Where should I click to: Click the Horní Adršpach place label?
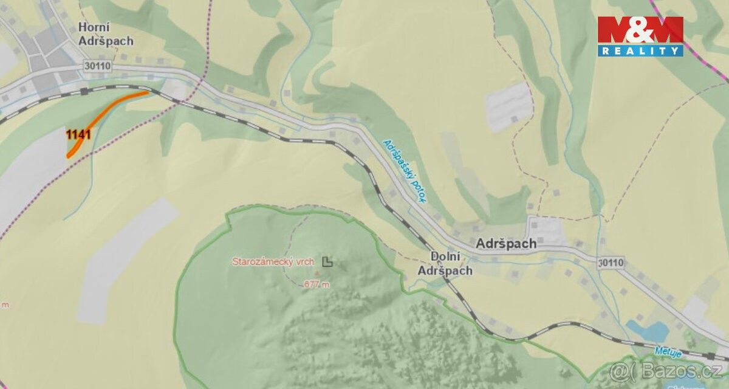[x=105, y=34]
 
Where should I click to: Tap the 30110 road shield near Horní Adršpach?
[x=97, y=66]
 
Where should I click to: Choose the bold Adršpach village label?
[x=506, y=243]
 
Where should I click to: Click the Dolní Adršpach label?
[x=445, y=263]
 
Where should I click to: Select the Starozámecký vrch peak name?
[x=273, y=262]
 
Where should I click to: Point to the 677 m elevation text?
[x=317, y=284]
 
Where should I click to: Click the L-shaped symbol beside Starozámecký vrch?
[x=327, y=262]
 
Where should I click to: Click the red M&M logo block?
[x=640, y=30]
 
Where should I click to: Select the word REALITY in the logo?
[x=640, y=51]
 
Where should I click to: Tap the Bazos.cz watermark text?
[x=668, y=371]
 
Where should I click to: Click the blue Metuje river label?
[x=667, y=351]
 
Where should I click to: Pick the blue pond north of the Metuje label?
[x=648, y=331]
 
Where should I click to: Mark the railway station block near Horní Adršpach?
[x=84, y=91]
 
